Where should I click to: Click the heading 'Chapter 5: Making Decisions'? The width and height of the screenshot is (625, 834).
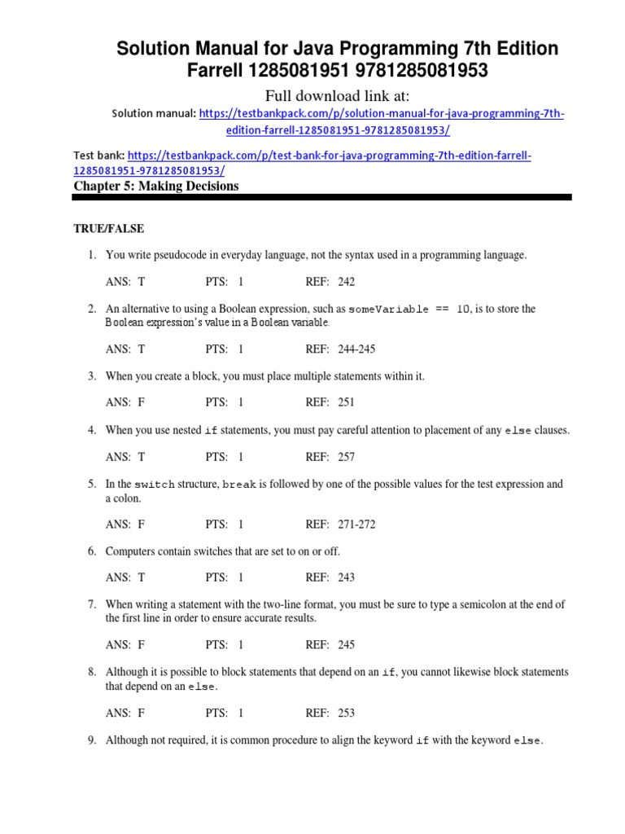tap(156, 187)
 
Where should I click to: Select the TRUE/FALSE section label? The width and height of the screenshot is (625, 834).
tap(109, 229)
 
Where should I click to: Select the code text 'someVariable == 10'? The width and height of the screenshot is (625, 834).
tap(409, 309)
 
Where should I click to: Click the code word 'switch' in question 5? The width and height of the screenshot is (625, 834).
tap(155, 485)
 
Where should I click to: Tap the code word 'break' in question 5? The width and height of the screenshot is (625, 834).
tap(239, 485)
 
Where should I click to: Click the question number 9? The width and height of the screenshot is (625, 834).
tap(92, 740)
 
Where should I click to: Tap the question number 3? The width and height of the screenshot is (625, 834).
tap(92, 375)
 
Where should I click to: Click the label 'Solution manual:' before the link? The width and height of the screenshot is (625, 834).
tap(154, 114)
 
